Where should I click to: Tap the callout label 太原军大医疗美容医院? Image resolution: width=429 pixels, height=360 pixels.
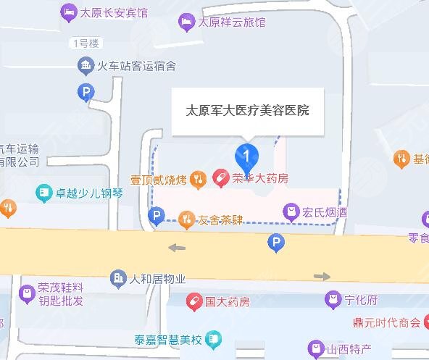(x=248, y=111)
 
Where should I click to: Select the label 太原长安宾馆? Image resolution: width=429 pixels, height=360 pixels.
(x=114, y=12)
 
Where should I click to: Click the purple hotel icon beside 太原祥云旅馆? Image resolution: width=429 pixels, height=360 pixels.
(x=185, y=22)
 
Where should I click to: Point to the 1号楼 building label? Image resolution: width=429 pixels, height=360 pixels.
(x=86, y=43)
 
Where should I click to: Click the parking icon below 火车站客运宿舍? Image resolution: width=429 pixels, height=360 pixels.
(x=86, y=92)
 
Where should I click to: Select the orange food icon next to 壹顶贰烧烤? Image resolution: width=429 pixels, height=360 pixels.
(x=198, y=178)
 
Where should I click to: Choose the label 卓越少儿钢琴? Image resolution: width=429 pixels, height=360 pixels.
(x=89, y=193)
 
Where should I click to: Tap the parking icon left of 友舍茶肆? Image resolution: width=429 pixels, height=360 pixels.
(x=155, y=215)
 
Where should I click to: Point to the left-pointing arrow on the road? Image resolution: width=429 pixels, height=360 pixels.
(x=176, y=248)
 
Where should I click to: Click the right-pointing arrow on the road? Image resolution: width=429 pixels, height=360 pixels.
(x=322, y=276)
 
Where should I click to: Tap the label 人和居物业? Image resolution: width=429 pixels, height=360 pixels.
(x=157, y=278)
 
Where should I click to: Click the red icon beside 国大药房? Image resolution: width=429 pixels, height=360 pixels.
(x=193, y=301)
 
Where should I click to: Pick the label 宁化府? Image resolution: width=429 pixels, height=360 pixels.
(x=362, y=298)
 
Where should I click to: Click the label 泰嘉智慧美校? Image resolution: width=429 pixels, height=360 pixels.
(x=166, y=338)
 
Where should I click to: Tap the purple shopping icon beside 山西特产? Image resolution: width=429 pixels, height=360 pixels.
(x=315, y=349)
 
